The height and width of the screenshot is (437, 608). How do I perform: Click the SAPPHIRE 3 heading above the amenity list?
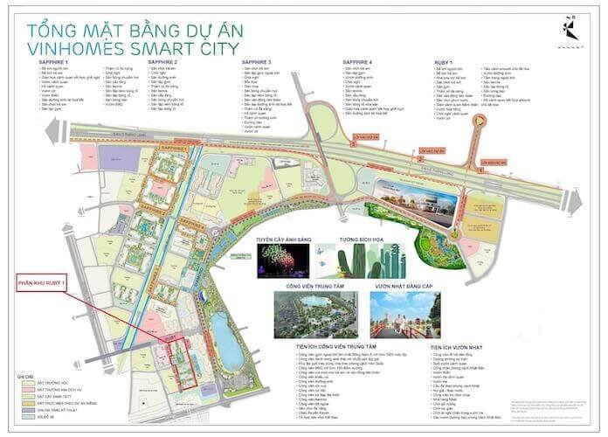259,64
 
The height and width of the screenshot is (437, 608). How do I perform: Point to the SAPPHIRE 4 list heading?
359,64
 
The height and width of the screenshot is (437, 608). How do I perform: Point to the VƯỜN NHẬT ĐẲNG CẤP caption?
404,284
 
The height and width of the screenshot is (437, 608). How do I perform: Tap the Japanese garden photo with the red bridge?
404,311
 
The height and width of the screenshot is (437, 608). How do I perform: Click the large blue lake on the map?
227,341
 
